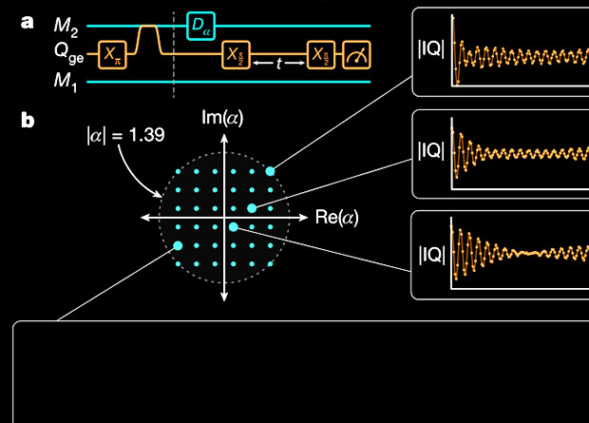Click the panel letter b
pyautogui.click(x=28, y=121)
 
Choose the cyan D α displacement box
pyautogui.click(x=201, y=25)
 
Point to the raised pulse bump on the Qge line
pyautogui.click(x=148, y=38)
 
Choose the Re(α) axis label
pyautogui.click(x=337, y=218)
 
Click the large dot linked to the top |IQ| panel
pyautogui.click(x=271, y=170)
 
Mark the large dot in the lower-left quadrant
pyautogui.click(x=178, y=246)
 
